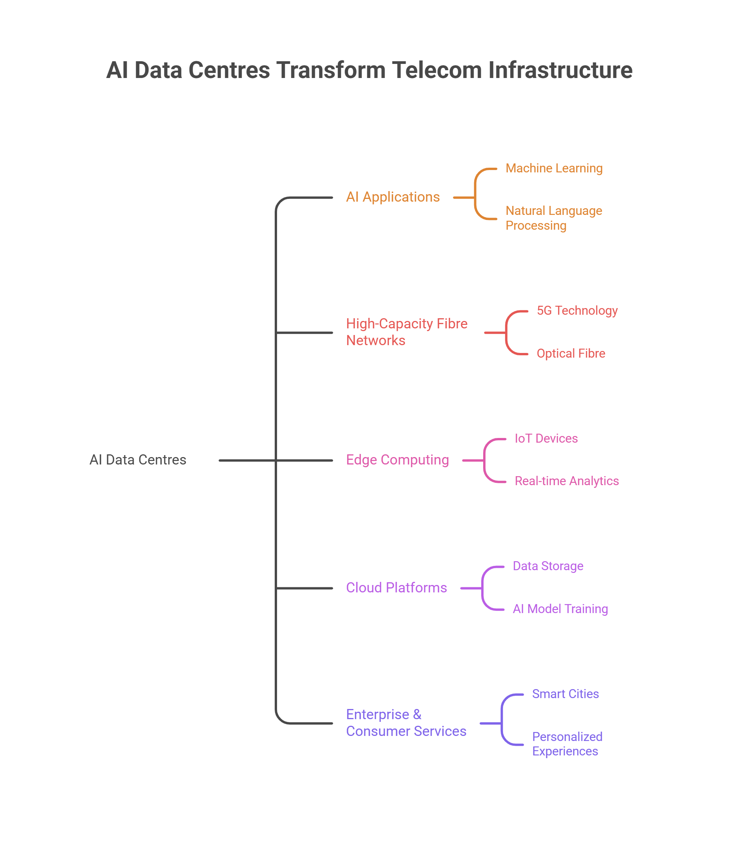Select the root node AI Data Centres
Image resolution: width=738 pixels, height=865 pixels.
pos(138,460)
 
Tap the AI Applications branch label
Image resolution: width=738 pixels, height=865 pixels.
pos(392,197)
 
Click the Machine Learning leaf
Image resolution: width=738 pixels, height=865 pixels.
pos(554,168)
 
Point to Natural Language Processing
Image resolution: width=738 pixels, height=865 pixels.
pos(554,218)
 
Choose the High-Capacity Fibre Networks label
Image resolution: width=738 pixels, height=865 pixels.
pos(407,332)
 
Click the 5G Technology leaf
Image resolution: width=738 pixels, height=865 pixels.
pos(577,310)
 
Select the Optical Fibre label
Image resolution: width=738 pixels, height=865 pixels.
pos(571,354)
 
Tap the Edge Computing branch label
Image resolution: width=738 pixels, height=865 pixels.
pos(397,460)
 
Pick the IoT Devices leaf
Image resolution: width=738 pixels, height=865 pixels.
pos(546,438)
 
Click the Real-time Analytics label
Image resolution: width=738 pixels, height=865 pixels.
pos(567,481)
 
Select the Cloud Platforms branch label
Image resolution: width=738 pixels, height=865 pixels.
pos(396,587)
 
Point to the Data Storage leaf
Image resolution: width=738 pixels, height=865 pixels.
pos(548,566)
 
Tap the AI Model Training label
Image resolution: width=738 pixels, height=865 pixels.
pos(560,609)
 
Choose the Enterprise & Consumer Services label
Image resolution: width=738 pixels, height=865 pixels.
pos(406,723)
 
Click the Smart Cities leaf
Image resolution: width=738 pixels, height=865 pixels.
pos(565,694)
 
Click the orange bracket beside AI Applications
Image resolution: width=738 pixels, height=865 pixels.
pos(475,194)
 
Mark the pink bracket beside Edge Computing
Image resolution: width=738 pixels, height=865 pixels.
pos(484,461)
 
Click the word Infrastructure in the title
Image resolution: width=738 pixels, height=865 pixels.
pos(560,70)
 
